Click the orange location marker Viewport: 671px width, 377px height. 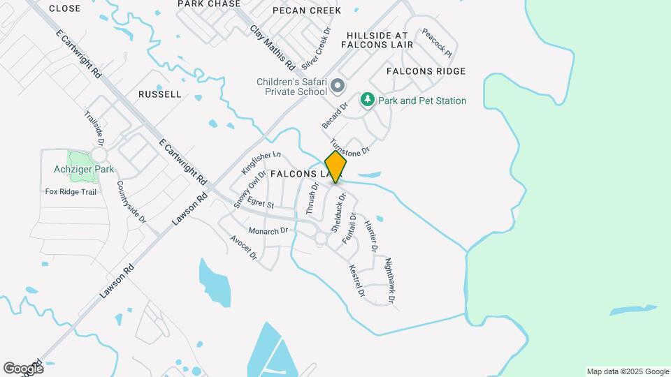click(x=335, y=167)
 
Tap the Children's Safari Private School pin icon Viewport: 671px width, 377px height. click(x=338, y=87)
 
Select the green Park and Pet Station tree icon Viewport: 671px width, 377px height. click(x=367, y=101)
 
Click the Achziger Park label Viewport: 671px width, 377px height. click(x=84, y=169)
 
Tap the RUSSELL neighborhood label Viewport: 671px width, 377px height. click(x=160, y=94)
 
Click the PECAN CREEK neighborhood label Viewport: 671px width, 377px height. click(x=307, y=10)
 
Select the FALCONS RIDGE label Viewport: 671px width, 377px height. click(x=426, y=71)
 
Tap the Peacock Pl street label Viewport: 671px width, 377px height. click(x=437, y=43)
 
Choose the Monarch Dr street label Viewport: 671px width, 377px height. click(x=268, y=230)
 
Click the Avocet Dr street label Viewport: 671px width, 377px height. click(x=244, y=247)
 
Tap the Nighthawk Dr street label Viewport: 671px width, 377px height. click(x=390, y=281)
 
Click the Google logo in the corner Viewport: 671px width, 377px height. click(x=23, y=369)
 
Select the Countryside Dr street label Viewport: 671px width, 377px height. click(x=131, y=202)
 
